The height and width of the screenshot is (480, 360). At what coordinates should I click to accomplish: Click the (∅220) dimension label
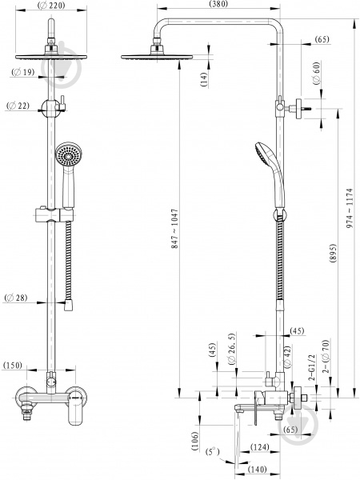pyautogui.click(x=51, y=6)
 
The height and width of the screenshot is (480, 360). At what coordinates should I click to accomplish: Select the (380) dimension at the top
pyautogui.click(x=218, y=4)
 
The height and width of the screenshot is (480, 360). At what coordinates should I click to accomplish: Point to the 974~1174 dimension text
pyautogui.click(x=350, y=208)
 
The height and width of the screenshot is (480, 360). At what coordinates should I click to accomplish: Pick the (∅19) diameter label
pyautogui.click(x=23, y=73)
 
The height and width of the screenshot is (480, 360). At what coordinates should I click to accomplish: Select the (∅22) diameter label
pyautogui.click(x=18, y=106)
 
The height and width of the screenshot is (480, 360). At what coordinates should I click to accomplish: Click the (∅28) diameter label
pyautogui.click(x=16, y=298)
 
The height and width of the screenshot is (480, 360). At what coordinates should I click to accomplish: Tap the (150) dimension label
pyautogui.click(x=13, y=366)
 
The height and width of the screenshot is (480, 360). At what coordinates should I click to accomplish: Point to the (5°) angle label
pyautogui.click(x=213, y=452)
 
